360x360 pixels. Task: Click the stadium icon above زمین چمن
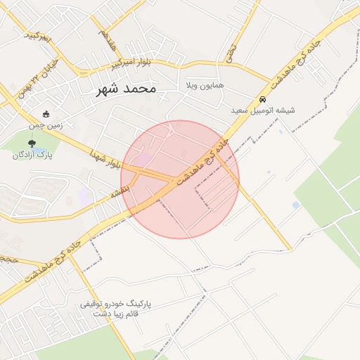click(46, 114)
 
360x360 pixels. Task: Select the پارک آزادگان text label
click(29, 154)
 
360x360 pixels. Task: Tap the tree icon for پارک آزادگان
click(32, 143)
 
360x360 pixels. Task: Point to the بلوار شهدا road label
click(106, 159)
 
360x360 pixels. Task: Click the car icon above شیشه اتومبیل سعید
click(262, 99)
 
